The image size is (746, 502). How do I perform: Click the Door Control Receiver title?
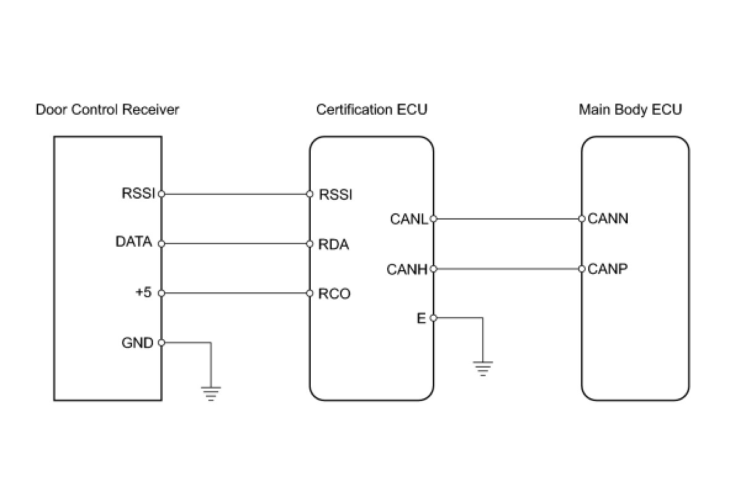click(107, 110)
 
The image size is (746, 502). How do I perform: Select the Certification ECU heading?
click(372, 110)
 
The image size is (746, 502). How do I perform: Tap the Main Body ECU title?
click(630, 110)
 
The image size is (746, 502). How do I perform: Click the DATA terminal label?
click(134, 242)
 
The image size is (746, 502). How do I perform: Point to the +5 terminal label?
click(144, 292)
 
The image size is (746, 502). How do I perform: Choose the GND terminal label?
click(137, 343)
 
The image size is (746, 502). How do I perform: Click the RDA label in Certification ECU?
click(334, 244)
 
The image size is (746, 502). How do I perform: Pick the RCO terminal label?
click(334, 294)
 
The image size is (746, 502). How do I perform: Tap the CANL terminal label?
click(409, 219)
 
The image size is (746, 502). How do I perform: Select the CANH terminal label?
click(407, 270)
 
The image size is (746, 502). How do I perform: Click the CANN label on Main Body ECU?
click(608, 218)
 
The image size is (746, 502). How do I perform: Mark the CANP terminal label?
click(607, 269)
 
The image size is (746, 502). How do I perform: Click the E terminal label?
click(421, 318)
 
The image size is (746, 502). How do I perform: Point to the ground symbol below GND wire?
click(210, 393)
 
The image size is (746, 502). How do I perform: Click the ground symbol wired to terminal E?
click(483, 368)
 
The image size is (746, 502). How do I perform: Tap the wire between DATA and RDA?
click(236, 244)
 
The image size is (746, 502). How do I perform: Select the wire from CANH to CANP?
click(507, 269)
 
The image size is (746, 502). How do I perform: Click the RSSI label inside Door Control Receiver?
click(138, 194)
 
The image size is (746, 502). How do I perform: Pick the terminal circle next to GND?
click(162, 343)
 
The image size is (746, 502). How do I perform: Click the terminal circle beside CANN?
click(582, 219)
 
